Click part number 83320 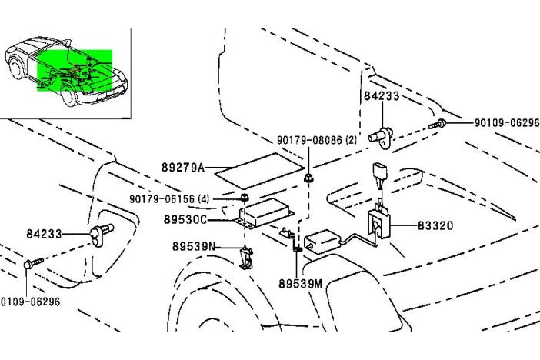435,226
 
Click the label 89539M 300,283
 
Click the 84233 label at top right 382,96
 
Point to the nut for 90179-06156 244,198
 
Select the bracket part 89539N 246,257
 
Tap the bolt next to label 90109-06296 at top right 438,124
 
